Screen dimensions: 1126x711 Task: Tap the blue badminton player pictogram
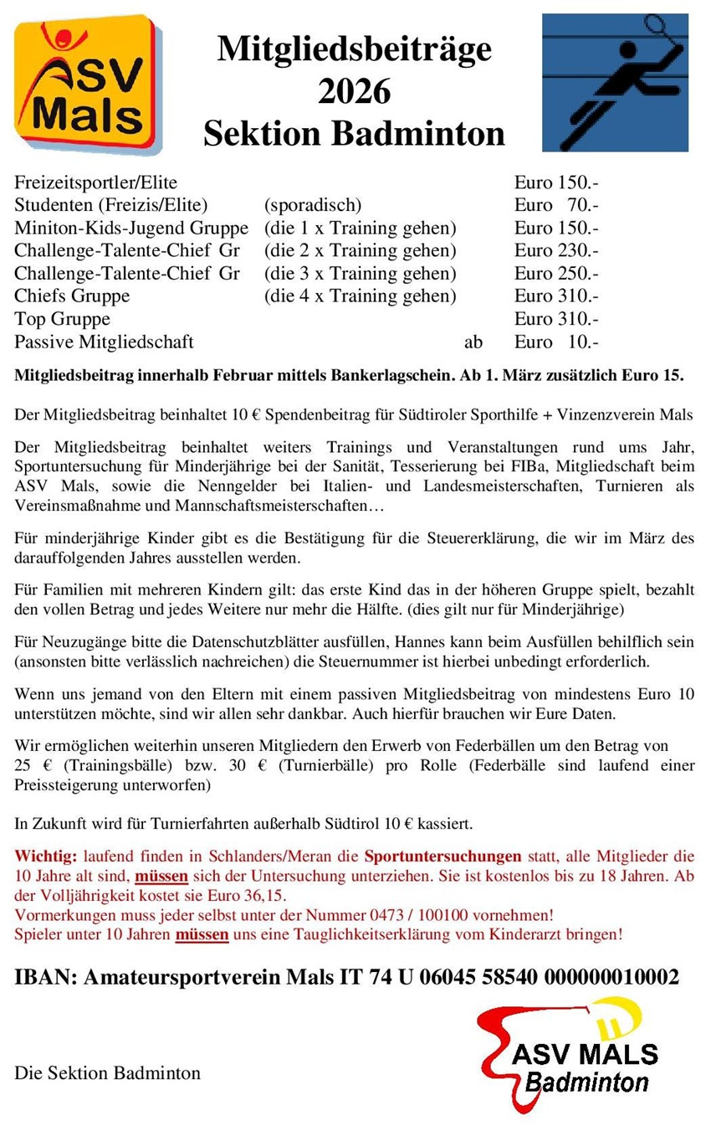[x=615, y=82]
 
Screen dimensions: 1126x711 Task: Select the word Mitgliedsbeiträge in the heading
[x=354, y=49]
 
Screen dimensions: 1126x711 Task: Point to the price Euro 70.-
[x=556, y=205]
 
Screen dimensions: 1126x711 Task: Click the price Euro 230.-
[x=556, y=250]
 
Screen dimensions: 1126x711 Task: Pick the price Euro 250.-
[x=556, y=273]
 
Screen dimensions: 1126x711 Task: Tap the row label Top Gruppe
[x=62, y=319]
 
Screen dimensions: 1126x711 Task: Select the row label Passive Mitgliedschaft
[x=104, y=342]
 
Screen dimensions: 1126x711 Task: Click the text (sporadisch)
[x=312, y=205]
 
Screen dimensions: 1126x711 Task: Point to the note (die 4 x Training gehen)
[x=360, y=296]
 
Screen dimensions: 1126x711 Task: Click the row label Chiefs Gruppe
[x=72, y=296]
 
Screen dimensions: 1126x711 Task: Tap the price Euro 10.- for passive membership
[x=556, y=342]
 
